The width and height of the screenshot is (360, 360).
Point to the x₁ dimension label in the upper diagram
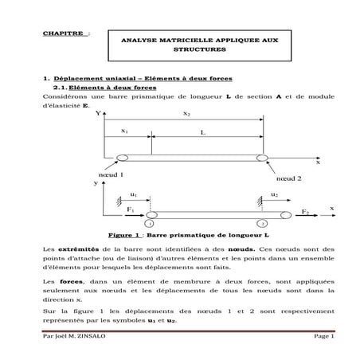[x=126, y=129]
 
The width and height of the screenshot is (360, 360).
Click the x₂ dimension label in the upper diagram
[x=188, y=115]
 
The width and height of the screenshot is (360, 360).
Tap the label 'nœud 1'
[x=111, y=173]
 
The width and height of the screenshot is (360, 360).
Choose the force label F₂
[x=305, y=213]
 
